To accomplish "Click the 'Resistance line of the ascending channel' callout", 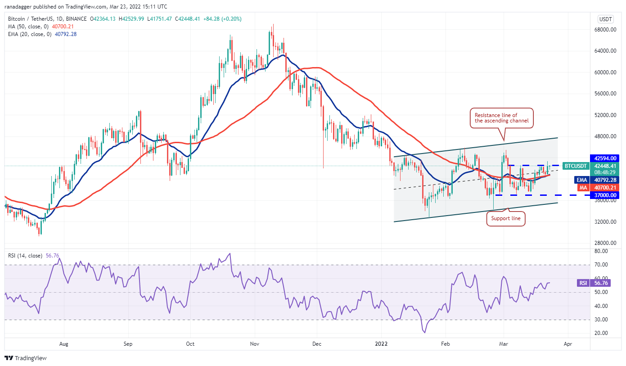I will (502, 118).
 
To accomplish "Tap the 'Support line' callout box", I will (505, 218).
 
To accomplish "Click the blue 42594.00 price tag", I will (606, 158).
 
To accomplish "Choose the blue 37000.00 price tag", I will (606, 195).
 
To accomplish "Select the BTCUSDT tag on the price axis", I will (576, 166).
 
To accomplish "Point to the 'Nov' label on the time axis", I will (255, 343).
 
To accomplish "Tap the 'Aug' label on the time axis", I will (64, 343).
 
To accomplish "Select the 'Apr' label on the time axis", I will (567, 343).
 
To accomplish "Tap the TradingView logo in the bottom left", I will (26, 358).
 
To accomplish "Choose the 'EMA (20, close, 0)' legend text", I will (29, 34).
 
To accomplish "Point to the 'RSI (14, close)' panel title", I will (26, 256).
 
